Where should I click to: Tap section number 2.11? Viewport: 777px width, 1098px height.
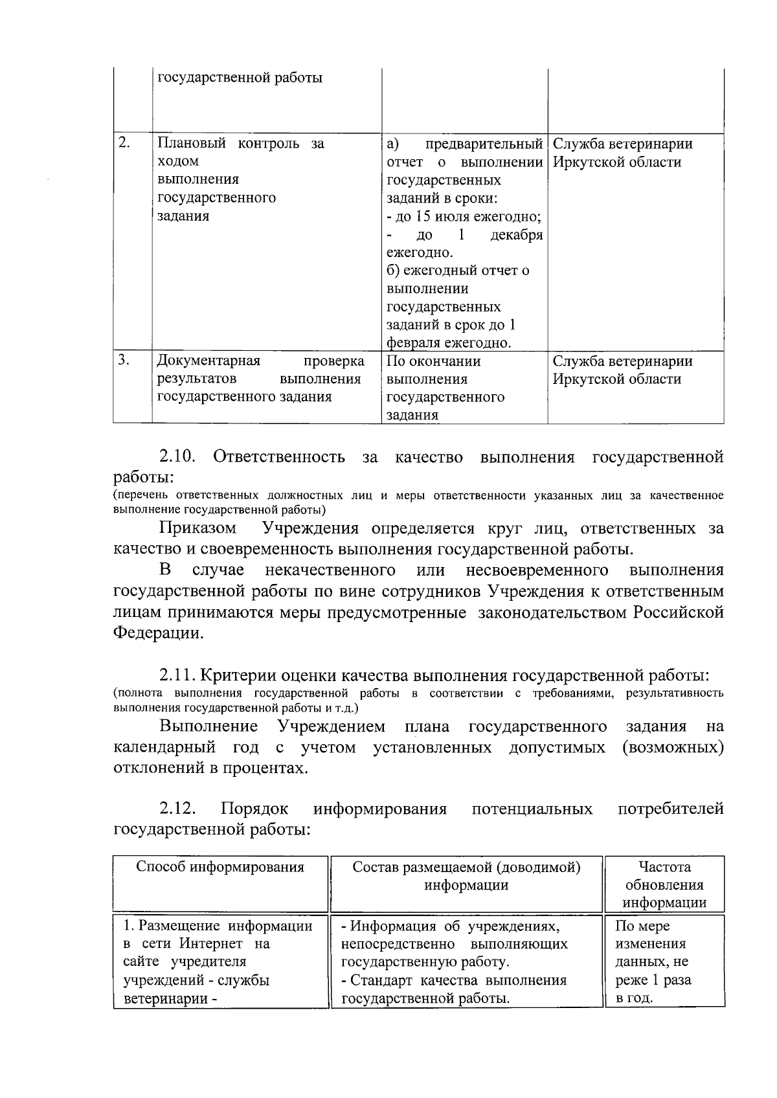[x=176, y=676]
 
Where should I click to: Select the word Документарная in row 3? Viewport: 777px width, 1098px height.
[x=209, y=361]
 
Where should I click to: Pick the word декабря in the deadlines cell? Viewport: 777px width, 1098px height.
[x=516, y=235]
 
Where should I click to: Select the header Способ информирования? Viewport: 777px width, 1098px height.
[x=220, y=867]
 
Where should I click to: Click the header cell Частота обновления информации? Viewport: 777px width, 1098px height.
[x=664, y=884]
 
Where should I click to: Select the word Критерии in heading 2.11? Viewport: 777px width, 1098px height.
[x=239, y=676]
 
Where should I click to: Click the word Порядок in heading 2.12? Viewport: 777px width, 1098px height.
[x=254, y=809]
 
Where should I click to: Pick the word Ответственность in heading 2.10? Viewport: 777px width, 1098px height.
[x=279, y=458]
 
